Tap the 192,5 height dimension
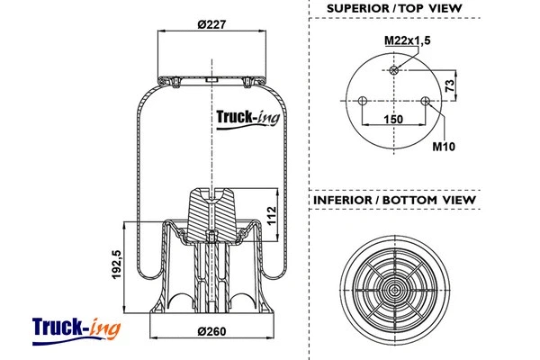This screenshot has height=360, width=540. [x=116, y=266]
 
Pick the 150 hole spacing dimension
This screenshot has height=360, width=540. [x=392, y=119]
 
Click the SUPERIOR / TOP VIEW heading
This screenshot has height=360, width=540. [x=395, y=8]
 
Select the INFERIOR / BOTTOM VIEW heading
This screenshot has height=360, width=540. [x=394, y=199]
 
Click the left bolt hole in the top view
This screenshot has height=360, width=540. [x=361, y=101]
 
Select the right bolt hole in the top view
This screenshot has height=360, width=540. [x=425, y=101]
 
